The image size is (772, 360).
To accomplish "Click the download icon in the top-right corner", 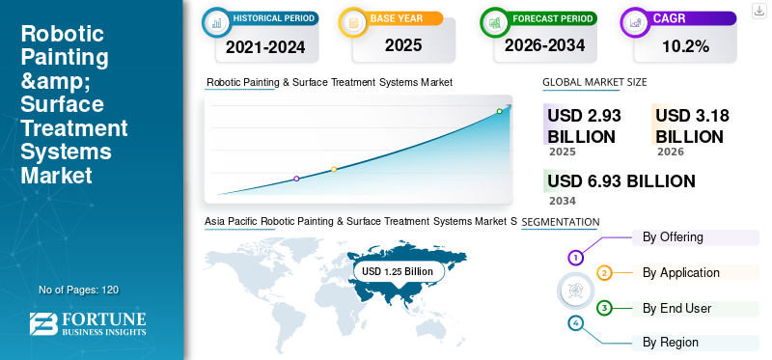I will tap(759, 10).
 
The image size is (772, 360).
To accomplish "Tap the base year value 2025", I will tap(396, 45).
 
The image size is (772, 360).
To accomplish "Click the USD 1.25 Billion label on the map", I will tap(398, 271).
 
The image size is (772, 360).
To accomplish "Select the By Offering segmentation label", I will tap(673, 237).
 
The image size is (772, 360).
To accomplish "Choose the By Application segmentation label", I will tap(681, 273).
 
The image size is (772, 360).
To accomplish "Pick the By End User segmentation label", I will tap(676, 309).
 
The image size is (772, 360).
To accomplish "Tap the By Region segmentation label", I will tap(671, 343).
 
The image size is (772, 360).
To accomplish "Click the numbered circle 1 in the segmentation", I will tap(575, 257).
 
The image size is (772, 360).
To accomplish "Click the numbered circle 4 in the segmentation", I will tap(575, 322).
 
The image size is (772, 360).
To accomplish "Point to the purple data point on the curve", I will tap(296, 179).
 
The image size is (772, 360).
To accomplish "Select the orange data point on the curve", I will tap(334, 170).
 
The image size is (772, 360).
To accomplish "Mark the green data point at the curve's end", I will tap(499, 111).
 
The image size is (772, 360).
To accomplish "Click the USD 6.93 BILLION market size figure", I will tap(620, 181).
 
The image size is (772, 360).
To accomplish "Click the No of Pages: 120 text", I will tap(78, 290).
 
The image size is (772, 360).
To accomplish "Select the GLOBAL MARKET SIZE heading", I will tap(593, 83).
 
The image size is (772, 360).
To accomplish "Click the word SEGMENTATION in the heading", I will tap(561, 222).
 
